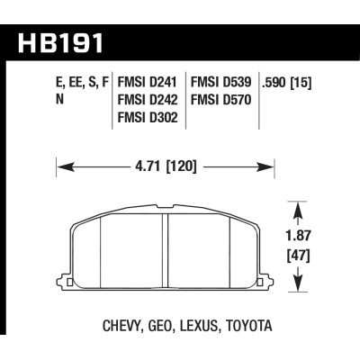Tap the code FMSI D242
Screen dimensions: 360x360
click(148, 98)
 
